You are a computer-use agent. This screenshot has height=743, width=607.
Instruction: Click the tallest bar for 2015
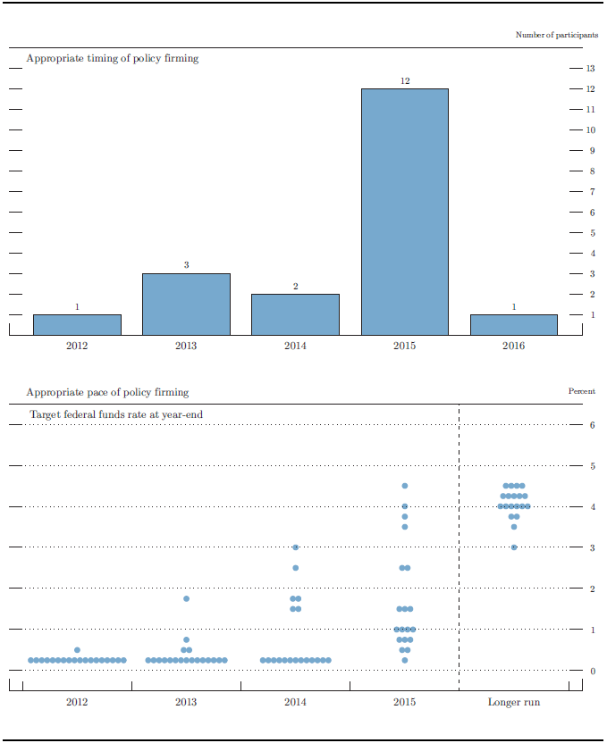point(404,212)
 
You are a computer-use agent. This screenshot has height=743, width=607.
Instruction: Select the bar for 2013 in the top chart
point(186,304)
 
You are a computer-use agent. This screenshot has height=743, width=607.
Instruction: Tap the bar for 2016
point(513,324)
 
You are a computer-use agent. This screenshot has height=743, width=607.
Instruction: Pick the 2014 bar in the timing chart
point(295,314)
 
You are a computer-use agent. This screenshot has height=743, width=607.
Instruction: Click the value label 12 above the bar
point(404,81)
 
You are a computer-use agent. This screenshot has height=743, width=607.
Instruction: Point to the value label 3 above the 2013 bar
point(186,265)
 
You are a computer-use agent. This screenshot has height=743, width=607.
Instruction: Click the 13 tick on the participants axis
point(590,69)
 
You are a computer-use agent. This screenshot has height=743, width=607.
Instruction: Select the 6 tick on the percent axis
point(592,425)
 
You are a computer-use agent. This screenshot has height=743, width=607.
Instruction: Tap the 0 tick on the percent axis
point(592,671)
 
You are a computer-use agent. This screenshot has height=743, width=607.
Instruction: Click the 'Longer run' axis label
point(513,702)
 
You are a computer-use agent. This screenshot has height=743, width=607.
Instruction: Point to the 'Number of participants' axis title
point(556,35)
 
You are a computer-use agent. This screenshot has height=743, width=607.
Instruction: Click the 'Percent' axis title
point(581,391)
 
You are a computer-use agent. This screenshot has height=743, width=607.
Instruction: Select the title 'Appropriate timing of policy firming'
point(112,59)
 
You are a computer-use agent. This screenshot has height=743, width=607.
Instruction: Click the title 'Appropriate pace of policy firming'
point(107,392)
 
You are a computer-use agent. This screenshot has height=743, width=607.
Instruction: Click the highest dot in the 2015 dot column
point(405,486)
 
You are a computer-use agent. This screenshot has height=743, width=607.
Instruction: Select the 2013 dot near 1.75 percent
point(186,598)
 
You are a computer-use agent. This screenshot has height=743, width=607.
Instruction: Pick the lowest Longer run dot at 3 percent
point(514,547)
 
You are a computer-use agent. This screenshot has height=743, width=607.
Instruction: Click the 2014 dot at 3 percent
point(295,547)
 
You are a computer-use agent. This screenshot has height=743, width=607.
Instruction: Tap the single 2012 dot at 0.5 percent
point(77,650)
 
